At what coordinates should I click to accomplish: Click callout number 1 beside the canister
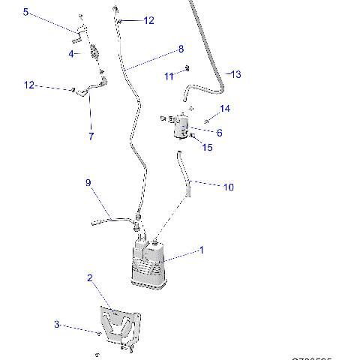(x=200, y=250)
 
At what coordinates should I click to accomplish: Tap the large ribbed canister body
(x=149, y=267)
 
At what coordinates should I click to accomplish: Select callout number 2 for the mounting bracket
(x=90, y=277)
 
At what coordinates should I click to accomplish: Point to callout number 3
(x=56, y=325)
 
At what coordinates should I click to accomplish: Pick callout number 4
(x=72, y=54)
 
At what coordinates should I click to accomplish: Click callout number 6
(x=219, y=133)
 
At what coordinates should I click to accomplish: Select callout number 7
(x=91, y=136)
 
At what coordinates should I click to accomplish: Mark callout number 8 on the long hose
(x=181, y=49)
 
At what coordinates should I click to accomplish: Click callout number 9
(x=88, y=182)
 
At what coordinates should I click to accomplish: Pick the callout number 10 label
(x=229, y=186)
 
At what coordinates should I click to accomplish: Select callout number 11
(x=169, y=76)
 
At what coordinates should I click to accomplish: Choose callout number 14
(x=225, y=109)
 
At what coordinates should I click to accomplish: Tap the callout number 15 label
(x=207, y=148)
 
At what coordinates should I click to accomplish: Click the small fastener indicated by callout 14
(x=205, y=121)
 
